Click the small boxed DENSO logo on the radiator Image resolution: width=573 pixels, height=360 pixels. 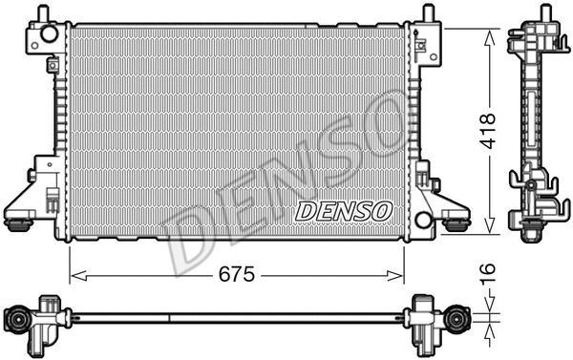coord(343,211)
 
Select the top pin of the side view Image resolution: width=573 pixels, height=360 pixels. coord(547,11)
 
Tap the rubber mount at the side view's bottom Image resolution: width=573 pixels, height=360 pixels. coord(528,227)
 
